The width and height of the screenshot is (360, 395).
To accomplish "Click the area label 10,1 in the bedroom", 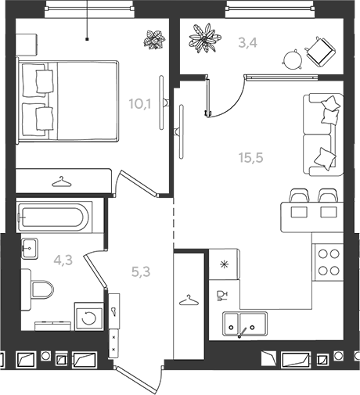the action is (x=140, y=104).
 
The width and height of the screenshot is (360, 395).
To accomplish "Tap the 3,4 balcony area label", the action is (x=248, y=43).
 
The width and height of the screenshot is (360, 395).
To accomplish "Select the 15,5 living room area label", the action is (x=250, y=157).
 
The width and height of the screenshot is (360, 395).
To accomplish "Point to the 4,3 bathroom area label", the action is (x=63, y=260).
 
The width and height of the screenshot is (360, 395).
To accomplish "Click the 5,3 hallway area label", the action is (x=141, y=272).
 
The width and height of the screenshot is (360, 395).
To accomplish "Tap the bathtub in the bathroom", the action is (x=54, y=217).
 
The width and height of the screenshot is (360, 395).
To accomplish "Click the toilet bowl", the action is (x=42, y=289).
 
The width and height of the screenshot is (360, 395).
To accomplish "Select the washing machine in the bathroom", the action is (x=89, y=317).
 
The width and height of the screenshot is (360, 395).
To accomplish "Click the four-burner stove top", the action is (x=329, y=262).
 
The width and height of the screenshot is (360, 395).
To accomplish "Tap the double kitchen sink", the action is (x=245, y=324).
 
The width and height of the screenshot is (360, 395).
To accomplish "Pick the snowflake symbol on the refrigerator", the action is (x=224, y=264).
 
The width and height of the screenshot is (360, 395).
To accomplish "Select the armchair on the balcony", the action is (x=320, y=52).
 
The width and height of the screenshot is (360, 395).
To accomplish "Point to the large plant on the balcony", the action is (x=205, y=38).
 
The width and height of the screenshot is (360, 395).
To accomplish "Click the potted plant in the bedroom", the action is (x=154, y=39).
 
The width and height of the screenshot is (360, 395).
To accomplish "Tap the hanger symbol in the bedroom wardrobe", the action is (x=62, y=181).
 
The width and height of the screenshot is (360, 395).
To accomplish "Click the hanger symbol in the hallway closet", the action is (x=189, y=300).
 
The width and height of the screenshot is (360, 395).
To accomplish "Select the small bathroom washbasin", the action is (x=29, y=248).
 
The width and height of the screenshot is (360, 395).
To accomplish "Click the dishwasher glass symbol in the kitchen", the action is (x=222, y=296).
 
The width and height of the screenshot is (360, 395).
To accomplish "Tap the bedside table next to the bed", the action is (x=26, y=45).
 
